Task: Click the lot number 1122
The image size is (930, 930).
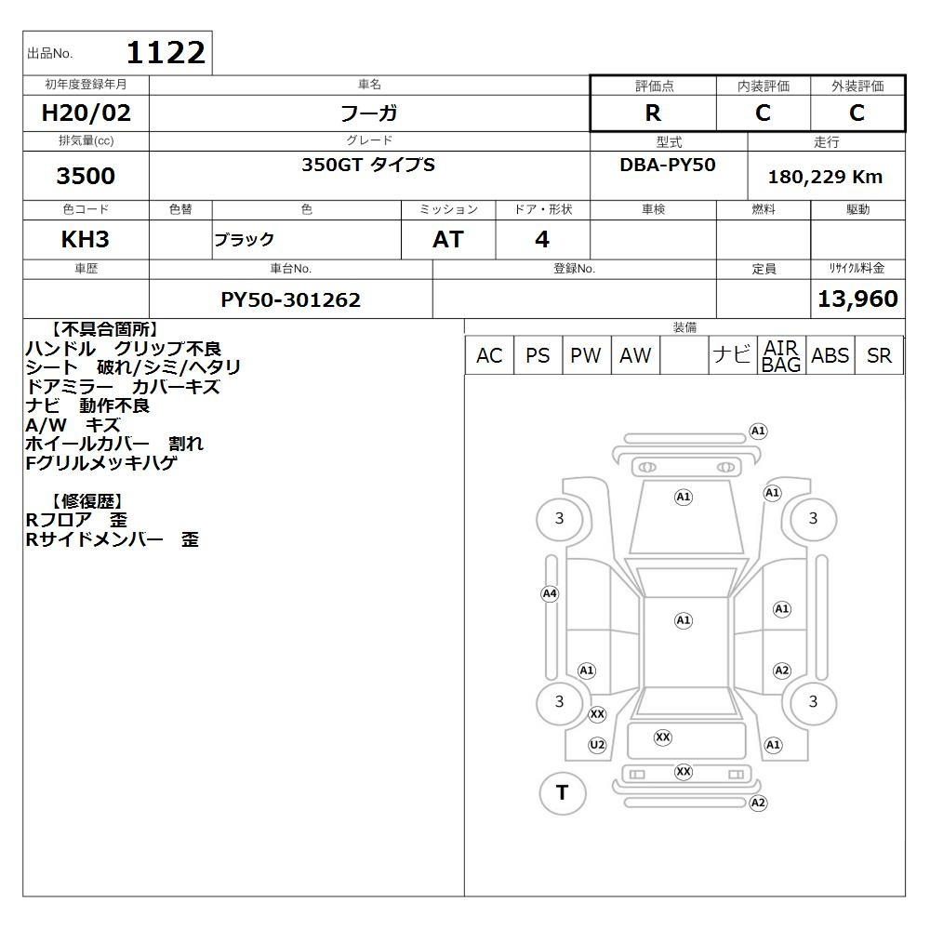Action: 166,52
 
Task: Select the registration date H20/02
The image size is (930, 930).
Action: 86,113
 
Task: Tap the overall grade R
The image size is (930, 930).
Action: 653,113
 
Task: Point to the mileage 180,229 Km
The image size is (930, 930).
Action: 825,177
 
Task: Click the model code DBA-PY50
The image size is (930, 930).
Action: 667,165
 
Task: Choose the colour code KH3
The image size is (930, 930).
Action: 85,239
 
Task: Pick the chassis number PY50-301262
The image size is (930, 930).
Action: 290,299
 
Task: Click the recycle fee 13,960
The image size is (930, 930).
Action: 857,299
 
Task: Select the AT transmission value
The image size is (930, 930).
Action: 448,239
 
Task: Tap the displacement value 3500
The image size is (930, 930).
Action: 86,176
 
